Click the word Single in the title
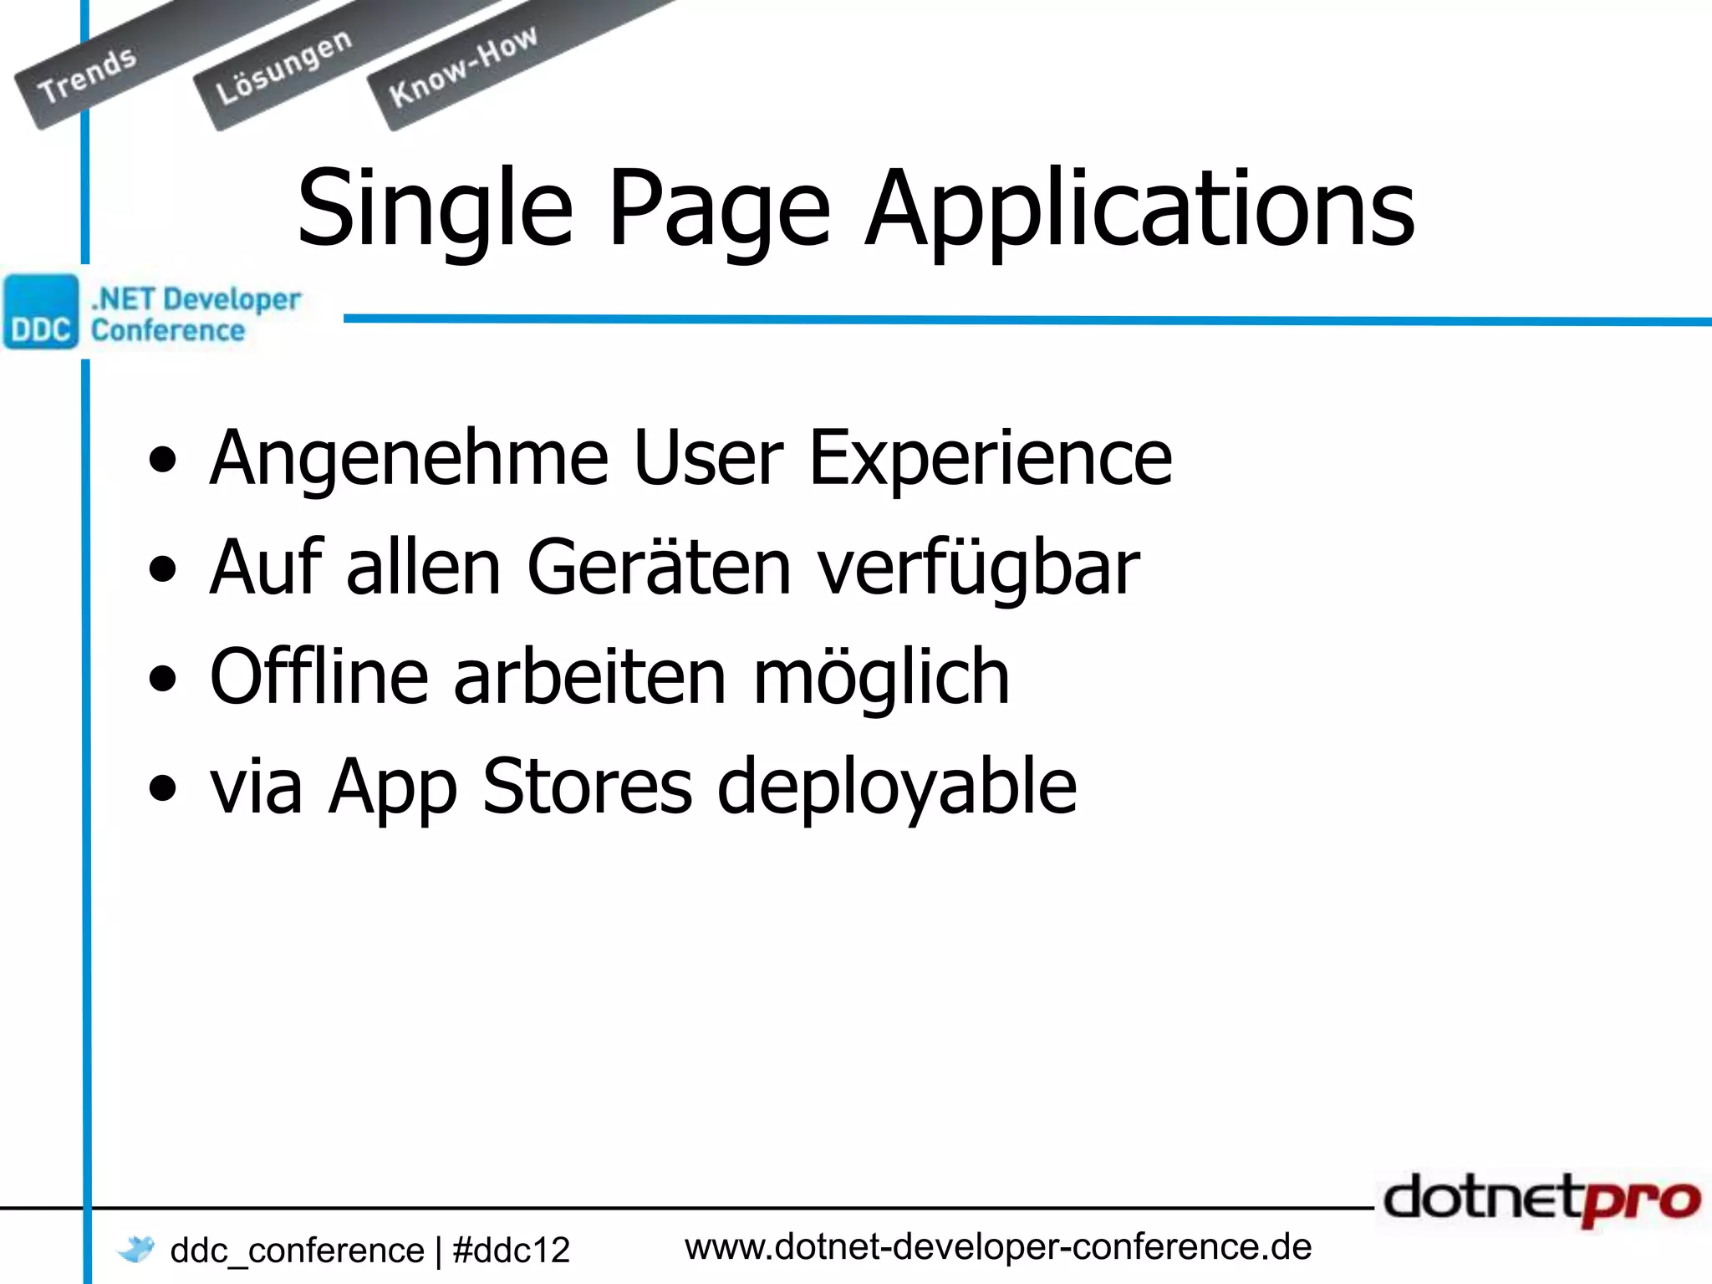pos(435,209)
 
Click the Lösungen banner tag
pos(283,68)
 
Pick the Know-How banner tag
pos(462,66)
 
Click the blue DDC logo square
pos(40,311)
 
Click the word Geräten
pos(659,568)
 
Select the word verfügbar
pos(978,568)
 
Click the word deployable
pos(897,787)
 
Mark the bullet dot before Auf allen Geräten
pos(163,569)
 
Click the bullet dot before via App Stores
pos(163,787)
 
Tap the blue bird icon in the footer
pos(136,1249)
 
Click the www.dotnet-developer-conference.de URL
pos(997,1247)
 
